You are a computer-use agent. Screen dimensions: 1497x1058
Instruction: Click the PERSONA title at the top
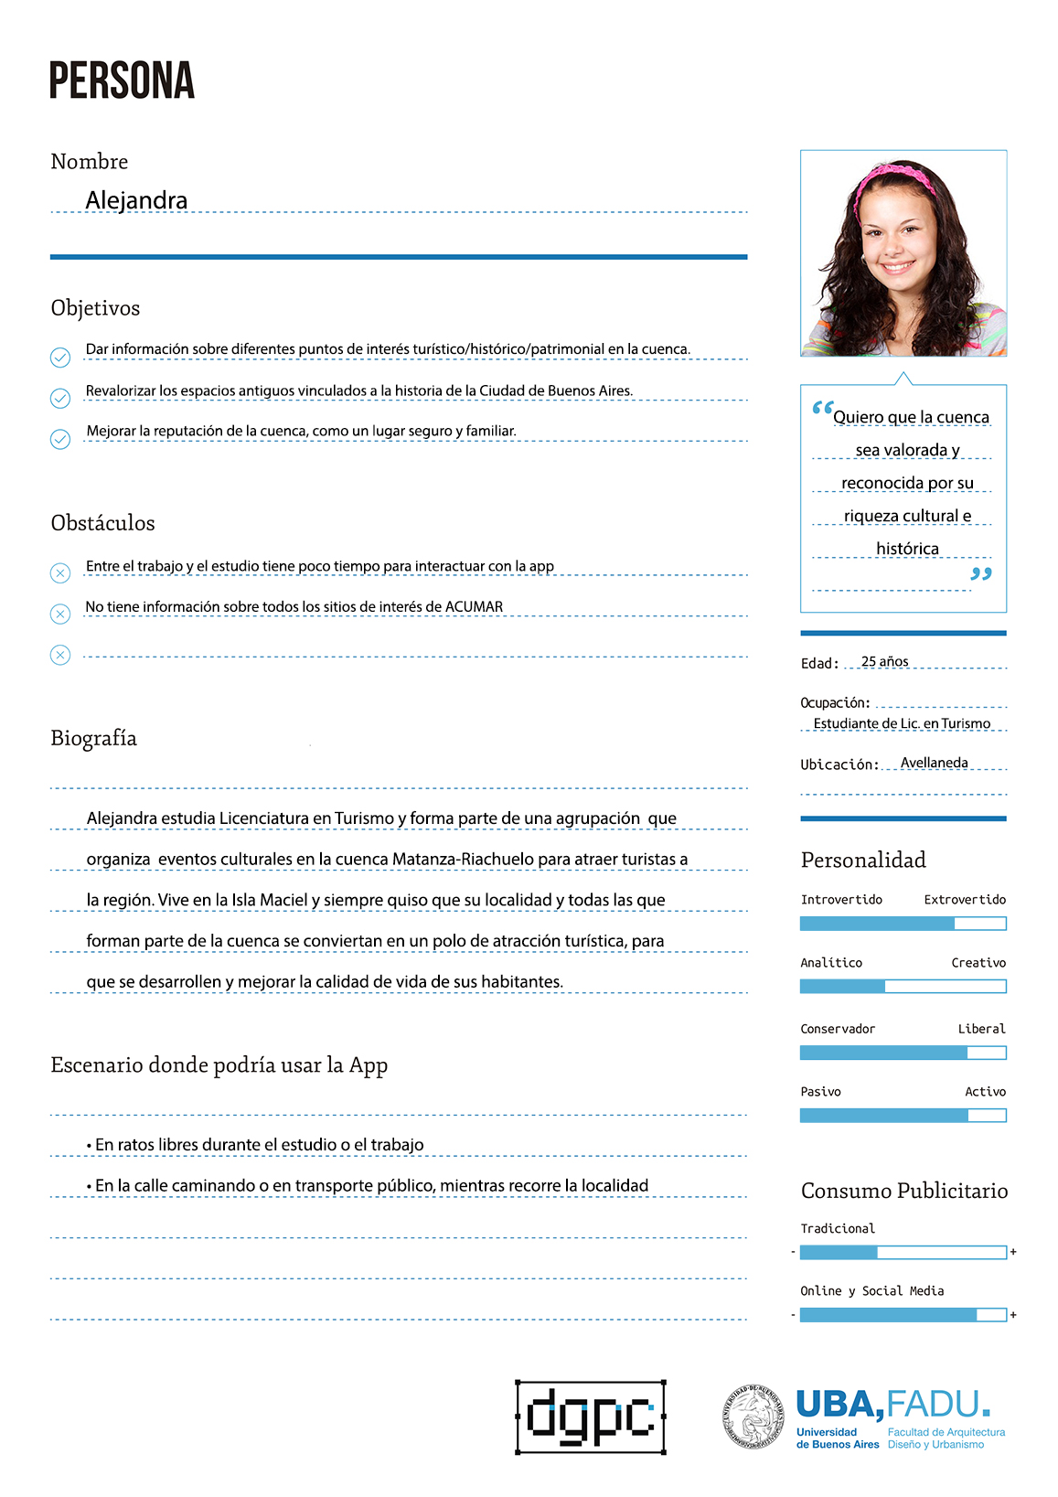pyautogui.click(x=122, y=80)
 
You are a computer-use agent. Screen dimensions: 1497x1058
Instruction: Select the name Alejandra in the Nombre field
pyautogui.click(x=136, y=200)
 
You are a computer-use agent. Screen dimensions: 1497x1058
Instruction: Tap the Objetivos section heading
pyautogui.click(x=95, y=308)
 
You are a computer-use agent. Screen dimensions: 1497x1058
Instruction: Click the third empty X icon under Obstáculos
pyautogui.click(x=60, y=655)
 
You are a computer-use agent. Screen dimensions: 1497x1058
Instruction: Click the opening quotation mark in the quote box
pyautogui.click(x=822, y=409)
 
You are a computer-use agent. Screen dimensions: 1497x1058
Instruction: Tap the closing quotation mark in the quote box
pyautogui.click(x=980, y=574)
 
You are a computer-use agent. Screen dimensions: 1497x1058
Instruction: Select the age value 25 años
pyautogui.click(x=884, y=661)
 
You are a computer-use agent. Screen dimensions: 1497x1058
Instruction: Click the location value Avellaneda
pyautogui.click(x=934, y=763)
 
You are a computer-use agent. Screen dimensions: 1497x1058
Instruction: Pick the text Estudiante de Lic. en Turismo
pyautogui.click(x=902, y=723)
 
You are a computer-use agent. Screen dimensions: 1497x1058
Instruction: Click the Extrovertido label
pyautogui.click(x=964, y=900)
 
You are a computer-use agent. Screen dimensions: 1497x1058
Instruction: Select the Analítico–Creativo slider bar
pyautogui.click(x=903, y=987)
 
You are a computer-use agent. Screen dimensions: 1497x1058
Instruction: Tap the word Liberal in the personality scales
pyautogui.click(x=981, y=1029)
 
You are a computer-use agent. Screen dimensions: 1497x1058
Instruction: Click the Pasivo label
pyautogui.click(x=820, y=1092)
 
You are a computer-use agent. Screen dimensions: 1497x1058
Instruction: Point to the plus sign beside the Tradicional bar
pyautogui.click(x=1013, y=1252)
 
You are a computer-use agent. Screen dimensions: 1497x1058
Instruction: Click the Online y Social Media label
pyautogui.click(x=871, y=1291)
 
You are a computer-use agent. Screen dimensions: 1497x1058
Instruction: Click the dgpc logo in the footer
pyautogui.click(x=591, y=1417)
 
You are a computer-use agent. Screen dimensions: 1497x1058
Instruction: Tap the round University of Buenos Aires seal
pyautogui.click(x=753, y=1417)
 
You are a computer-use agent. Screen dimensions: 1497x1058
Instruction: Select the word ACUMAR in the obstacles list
pyautogui.click(x=474, y=606)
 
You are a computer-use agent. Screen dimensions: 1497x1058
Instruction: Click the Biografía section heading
pyautogui.click(x=93, y=738)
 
